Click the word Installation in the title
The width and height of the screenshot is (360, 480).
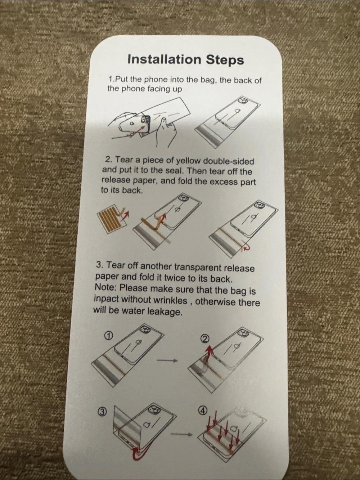click(x=164, y=59)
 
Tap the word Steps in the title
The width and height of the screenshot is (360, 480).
click(x=225, y=60)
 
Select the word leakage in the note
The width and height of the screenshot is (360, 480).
click(x=165, y=311)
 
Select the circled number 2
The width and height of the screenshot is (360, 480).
click(x=205, y=339)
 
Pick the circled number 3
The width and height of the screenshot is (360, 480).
click(x=102, y=412)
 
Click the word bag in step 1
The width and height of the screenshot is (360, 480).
click(x=209, y=80)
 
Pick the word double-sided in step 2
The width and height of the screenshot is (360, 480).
click(x=228, y=161)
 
